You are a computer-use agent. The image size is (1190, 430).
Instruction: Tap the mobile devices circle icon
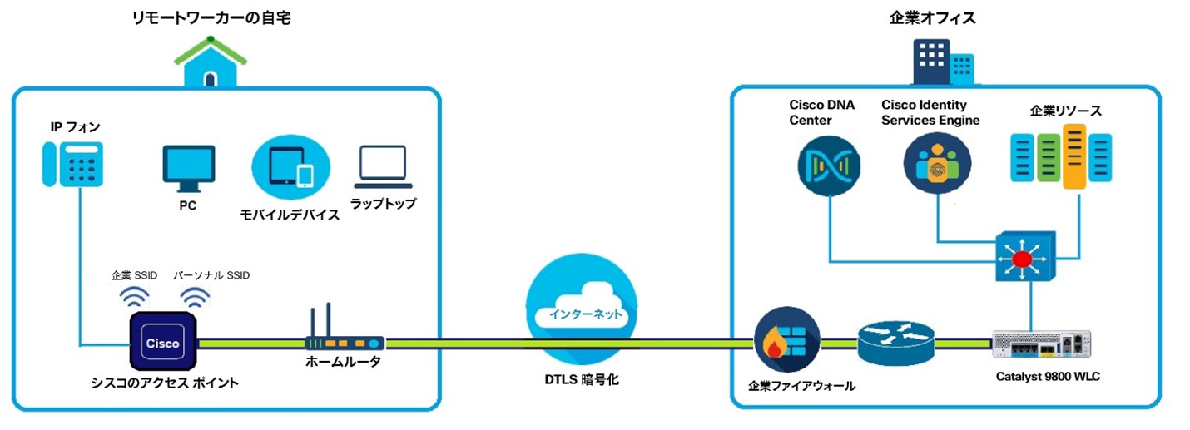(286, 167)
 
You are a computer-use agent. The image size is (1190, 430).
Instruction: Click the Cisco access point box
(162, 342)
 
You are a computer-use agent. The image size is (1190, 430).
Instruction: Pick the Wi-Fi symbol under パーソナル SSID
(196, 297)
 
